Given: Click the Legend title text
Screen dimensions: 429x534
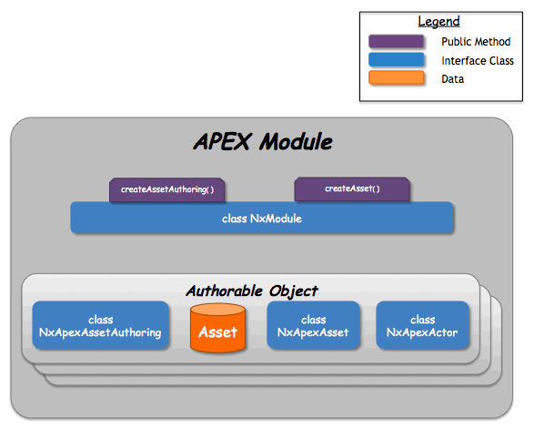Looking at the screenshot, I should (438, 21).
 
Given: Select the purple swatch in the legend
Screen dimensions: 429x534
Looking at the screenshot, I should (397, 42).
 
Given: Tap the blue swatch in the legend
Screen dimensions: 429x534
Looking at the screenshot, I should (397, 60).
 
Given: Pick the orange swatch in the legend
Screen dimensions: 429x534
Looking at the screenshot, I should (397, 78).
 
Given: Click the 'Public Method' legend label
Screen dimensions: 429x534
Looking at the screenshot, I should (476, 42).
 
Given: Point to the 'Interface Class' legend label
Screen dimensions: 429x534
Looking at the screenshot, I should (478, 61).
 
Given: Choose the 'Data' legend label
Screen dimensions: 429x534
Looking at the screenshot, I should (453, 79).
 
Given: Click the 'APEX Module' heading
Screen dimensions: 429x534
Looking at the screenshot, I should (263, 143).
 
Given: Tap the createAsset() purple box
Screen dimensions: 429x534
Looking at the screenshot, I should (352, 189).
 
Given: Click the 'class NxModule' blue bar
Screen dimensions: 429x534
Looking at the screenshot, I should (262, 219).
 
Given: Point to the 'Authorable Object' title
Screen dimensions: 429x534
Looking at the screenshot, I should (252, 291).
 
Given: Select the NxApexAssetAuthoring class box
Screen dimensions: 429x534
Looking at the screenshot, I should (101, 326).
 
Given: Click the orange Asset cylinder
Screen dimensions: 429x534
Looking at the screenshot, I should (218, 329).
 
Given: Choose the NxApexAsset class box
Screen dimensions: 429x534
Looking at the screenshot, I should (313, 326).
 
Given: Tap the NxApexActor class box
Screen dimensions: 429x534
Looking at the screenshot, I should (422, 326).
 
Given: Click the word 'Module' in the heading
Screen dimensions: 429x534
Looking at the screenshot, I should (296, 143).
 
